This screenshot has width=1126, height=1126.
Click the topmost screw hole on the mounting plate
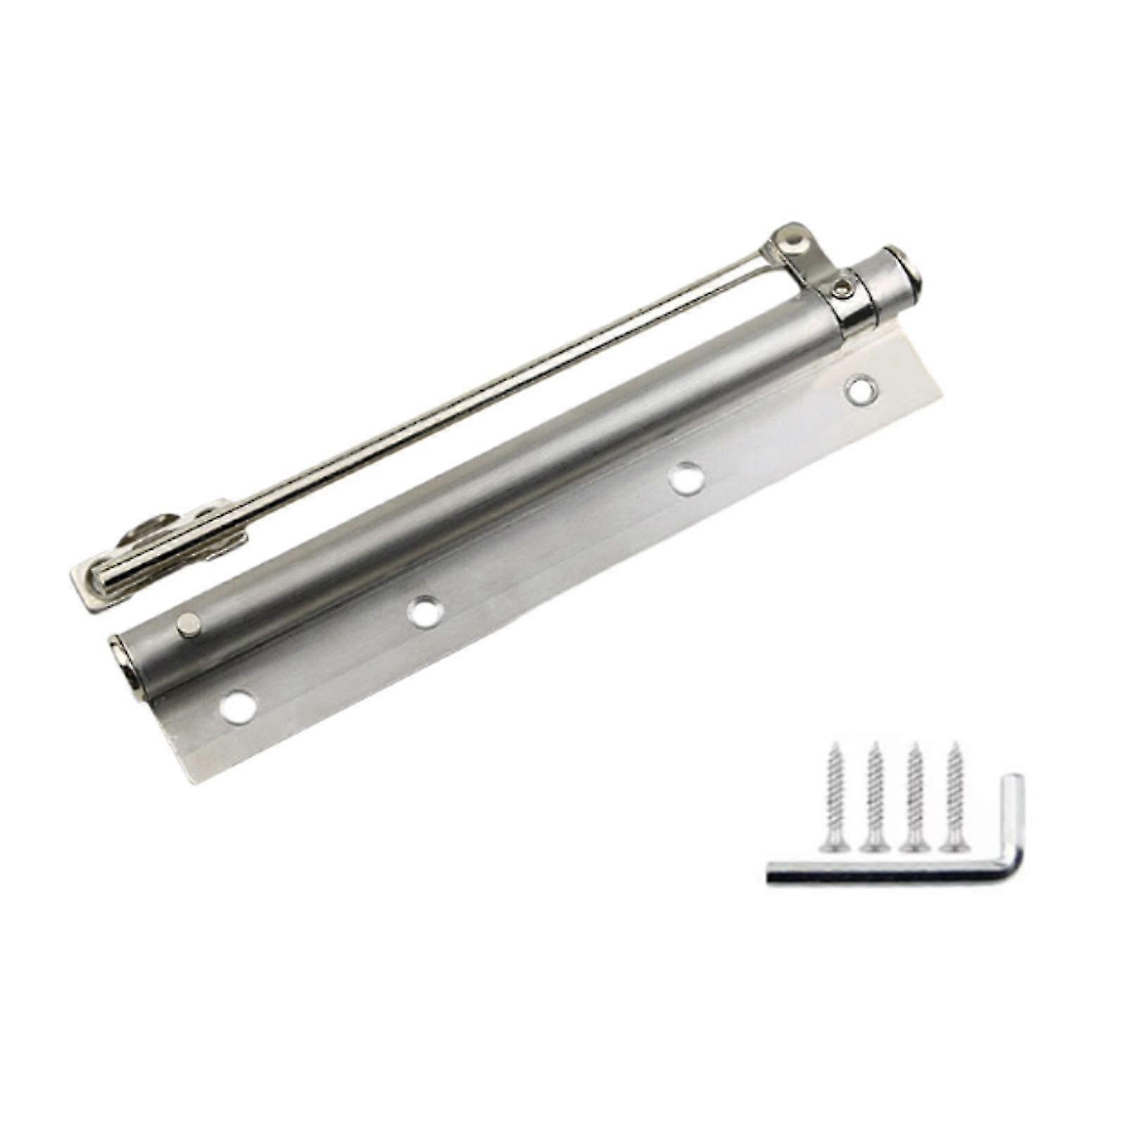tap(861, 390)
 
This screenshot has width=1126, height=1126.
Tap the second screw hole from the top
tap(686, 479)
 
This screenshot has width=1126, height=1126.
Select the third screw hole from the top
tap(425, 611)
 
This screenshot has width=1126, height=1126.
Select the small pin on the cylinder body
tap(189, 624)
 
